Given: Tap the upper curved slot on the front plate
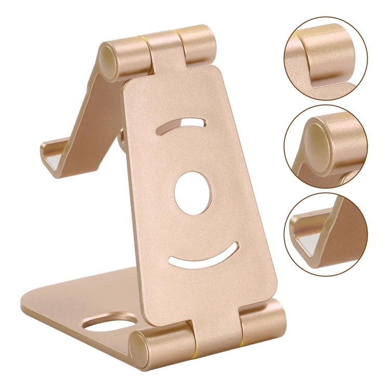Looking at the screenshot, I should [x=182, y=125].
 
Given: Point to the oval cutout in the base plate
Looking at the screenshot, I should [x=110, y=323].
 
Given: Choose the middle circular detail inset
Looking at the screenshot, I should [x=326, y=146].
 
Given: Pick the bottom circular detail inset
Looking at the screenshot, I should [x=326, y=235].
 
